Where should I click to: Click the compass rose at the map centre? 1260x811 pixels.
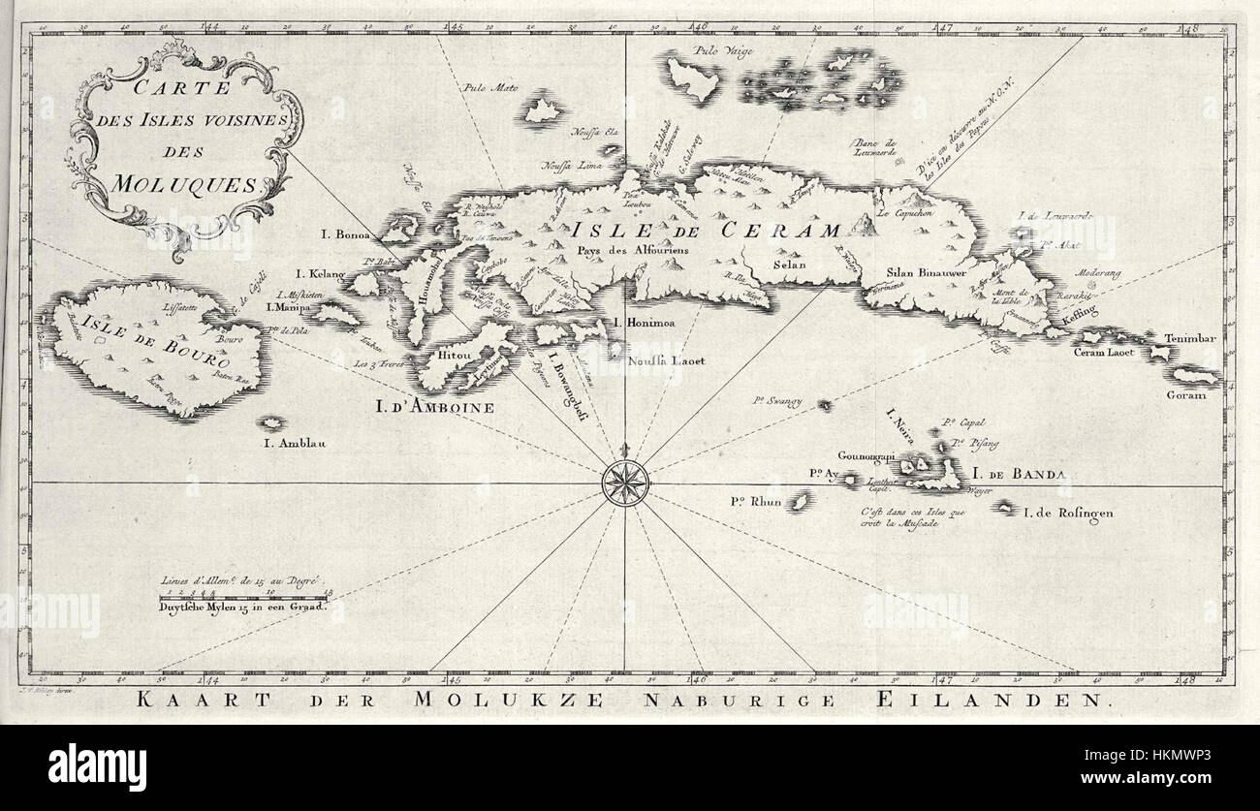coord(623,481)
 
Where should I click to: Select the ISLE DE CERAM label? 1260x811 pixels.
coord(705,231)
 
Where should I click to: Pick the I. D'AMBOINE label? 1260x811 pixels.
coord(435,408)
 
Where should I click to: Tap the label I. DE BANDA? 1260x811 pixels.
coord(1019,475)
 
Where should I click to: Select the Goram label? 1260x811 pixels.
coord(1185,395)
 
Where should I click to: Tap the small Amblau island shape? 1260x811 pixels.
coord(273,423)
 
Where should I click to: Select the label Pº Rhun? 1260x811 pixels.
coord(756,501)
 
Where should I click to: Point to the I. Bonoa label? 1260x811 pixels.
coord(347,234)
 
